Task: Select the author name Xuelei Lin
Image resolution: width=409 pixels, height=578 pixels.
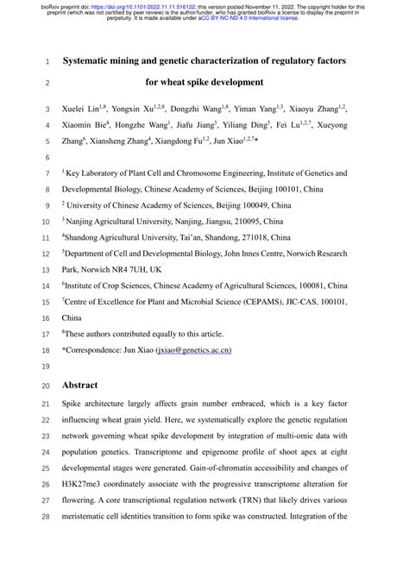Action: click(x=83, y=110)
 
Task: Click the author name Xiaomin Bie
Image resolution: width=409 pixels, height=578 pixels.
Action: click(x=86, y=126)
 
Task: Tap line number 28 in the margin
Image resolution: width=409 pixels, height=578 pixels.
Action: click(x=47, y=517)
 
